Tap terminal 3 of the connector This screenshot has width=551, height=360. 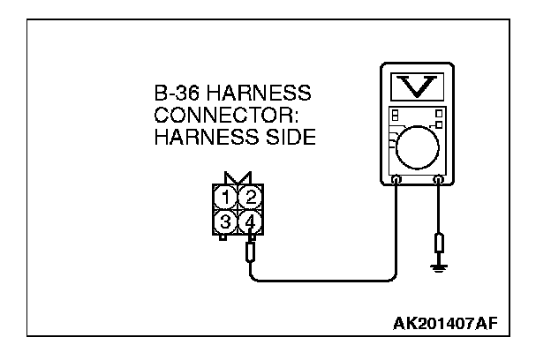click(x=228, y=221)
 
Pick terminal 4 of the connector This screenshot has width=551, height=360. click(x=251, y=221)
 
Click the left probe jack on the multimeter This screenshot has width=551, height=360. click(x=396, y=182)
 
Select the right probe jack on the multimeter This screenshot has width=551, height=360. click(x=439, y=182)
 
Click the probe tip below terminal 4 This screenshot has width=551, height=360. click(x=251, y=254)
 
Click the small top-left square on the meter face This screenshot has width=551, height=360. click(x=395, y=113)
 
